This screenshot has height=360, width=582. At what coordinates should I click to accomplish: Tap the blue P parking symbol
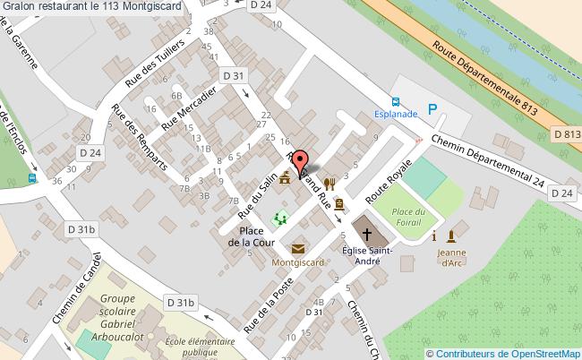(432, 110)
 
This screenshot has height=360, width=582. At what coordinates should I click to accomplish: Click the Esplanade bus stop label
(396, 115)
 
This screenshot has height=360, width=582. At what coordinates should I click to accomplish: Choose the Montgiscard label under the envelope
(298, 264)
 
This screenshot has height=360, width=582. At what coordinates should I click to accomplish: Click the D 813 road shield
(567, 134)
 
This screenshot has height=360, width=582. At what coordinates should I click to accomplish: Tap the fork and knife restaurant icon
(330, 184)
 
